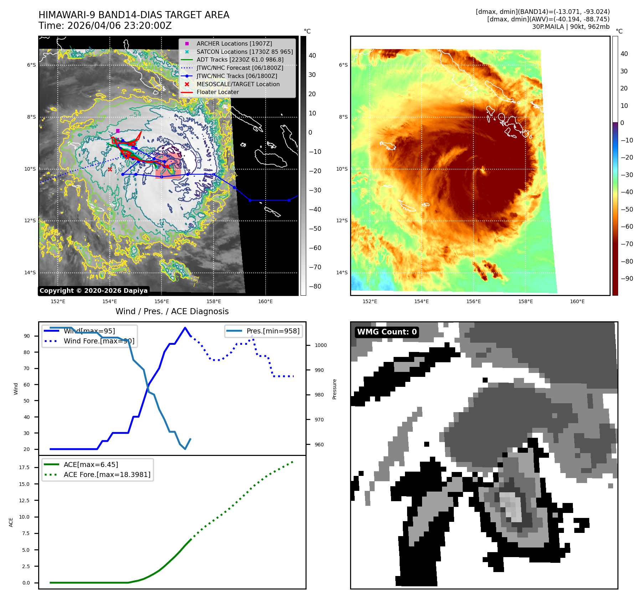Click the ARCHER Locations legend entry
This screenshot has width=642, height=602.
pos(234,43)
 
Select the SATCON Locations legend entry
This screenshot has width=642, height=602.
pos(245,52)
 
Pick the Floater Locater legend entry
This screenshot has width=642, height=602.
pos(217,92)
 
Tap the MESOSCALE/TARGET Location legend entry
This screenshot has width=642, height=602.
pos(238,84)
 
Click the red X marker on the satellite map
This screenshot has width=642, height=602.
pos(110,169)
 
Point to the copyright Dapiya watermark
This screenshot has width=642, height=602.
pos(93,291)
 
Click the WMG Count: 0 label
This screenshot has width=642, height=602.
pos(387,332)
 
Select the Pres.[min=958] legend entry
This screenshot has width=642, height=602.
pos(273,331)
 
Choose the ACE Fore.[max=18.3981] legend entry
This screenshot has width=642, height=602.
pos(107,474)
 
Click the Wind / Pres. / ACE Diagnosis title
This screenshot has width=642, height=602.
pos(172,311)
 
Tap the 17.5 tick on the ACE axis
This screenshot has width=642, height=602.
pos(24,467)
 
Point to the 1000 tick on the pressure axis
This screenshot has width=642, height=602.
pos(320,345)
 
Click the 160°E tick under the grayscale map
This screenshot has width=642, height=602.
pos(265,301)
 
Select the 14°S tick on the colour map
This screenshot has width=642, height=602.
pos(342,273)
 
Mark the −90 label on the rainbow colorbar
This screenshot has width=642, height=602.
pos(627,279)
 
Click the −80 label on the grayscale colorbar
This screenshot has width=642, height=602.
pos(315,286)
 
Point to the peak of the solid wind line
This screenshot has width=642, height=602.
pos(185,328)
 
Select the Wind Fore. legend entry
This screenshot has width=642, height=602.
pos(99,341)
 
